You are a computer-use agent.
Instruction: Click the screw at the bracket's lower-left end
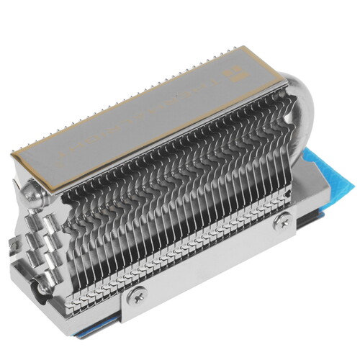coord(138,294)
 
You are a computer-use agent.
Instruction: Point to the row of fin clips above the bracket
coord(187,245)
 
